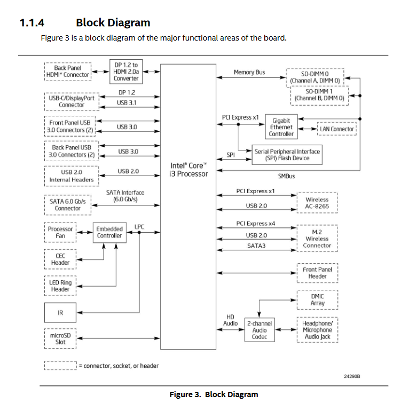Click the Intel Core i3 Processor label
pyautogui.click(x=188, y=170)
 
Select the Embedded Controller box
pyautogui.click(x=109, y=232)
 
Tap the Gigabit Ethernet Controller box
pyautogui.click(x=281, y=128)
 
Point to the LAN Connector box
pyautogui.click(x=336, y=129)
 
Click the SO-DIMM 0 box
pyautogui.click(x=315, y=77)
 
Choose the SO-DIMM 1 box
pyautogui.click(x=319, y=94)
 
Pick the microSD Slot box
pyautogui.click(x=60, y=338)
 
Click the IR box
pyautogui.click(x=60, y=313)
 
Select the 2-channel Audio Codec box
pyautogui.click(x=259, y=330)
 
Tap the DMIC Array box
pyautogui.click(x=317, y=299)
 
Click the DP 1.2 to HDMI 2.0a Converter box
pyautogui.click(x=126, y=72)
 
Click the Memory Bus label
pyautogui.click(x=249, y=72)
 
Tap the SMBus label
pyautogui.click(x=286, y=176)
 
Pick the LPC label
pyautogui.click(x=139, y=226)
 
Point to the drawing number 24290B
pyautogui.click(x=352, y=376)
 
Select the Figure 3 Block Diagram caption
pyautogui.click(x=214, y=394)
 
